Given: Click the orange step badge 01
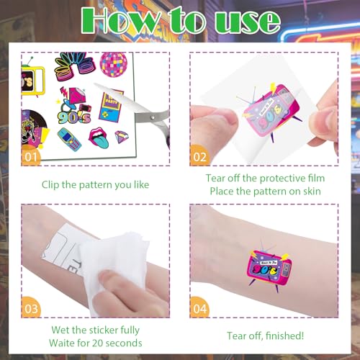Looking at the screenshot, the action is pyautogui.click(x=31, y=156).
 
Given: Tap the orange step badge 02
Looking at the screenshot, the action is pyautogui.click(x=199, y=156).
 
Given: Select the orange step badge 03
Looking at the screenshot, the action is pyautogui.click(x=31, y=308).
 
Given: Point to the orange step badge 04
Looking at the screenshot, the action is pyautogui.click(x=199, y=308).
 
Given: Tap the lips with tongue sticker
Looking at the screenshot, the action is pyautogui.click(x=99, y=138).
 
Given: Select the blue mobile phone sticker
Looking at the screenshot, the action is pyautogui.click(x=69, y=140).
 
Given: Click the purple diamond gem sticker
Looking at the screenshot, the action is pyautogui.click(x=121, y=137).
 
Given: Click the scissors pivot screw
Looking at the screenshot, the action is pyautogui.click(x=152, y=117).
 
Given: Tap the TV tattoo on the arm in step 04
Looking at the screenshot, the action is pyautogui.click(x=269, y=267).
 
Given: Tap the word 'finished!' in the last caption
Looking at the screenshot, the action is pyautogui.click(x=284, y=336).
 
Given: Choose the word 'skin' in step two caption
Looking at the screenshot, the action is pyautogui.click(x=312, y=192).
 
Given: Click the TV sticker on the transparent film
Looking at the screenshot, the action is pyautogui.click(x=271, y=111).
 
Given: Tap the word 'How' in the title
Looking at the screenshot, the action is pyautogui.click(x=120, y=20).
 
